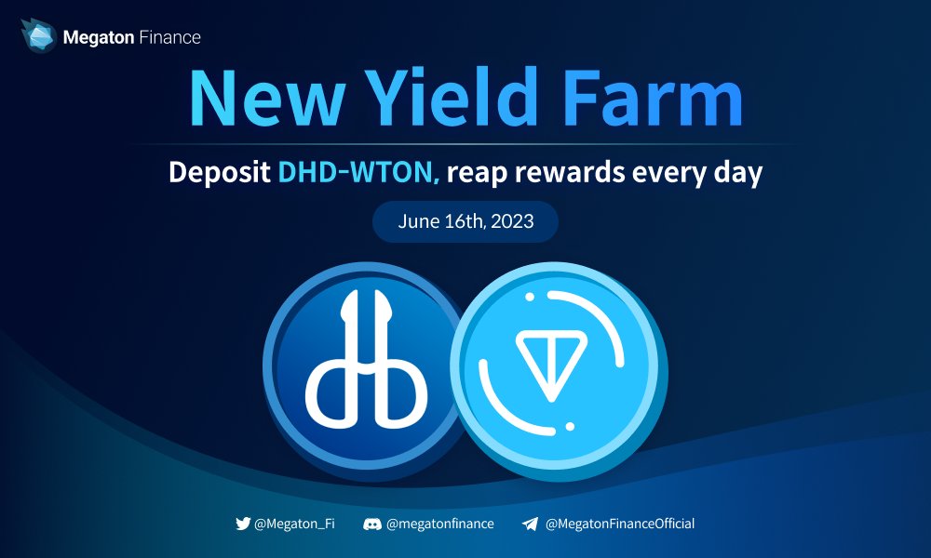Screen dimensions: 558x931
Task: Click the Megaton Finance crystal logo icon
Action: click(37, 36)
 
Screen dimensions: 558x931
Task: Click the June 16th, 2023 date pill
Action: click(465, 222)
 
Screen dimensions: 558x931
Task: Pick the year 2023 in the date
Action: click(511, 222)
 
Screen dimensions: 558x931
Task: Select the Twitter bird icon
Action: click(244, 524)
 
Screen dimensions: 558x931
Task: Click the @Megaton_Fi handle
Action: click(295, 524)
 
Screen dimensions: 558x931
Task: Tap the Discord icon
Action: click(372, 524)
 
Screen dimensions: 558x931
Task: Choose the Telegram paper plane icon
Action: click(530, 524)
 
